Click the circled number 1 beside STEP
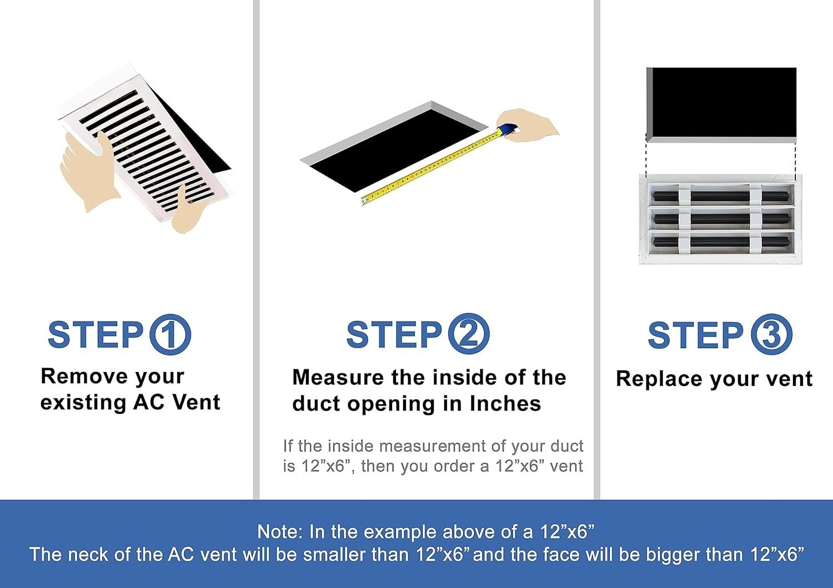pos(170,335)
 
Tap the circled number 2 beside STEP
pos(469,335)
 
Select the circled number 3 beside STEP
pos(771,335)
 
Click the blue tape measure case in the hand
pos(507,130)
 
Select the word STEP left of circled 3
pos(695,335)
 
